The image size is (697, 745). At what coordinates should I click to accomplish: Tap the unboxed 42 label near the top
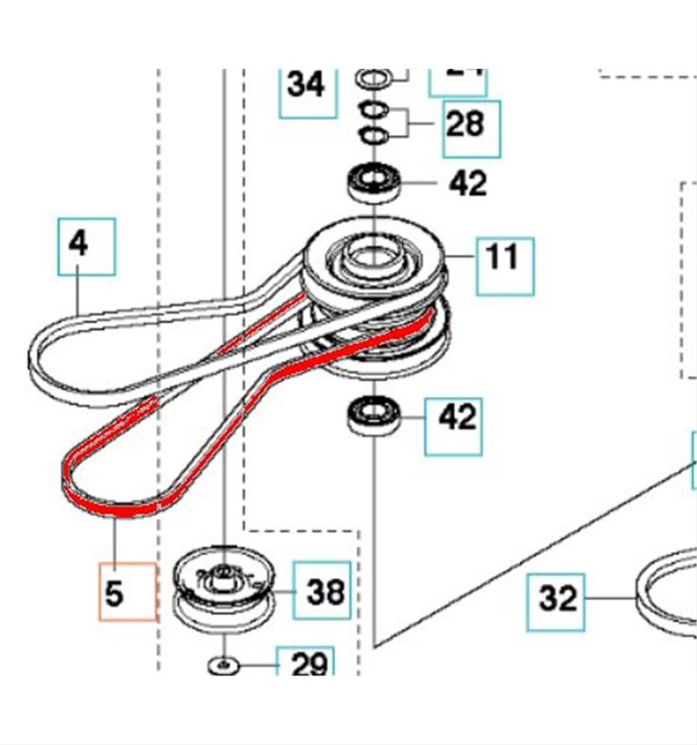467,183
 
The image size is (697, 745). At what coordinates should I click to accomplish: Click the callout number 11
504,258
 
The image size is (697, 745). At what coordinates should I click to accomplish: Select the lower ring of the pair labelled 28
375,135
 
